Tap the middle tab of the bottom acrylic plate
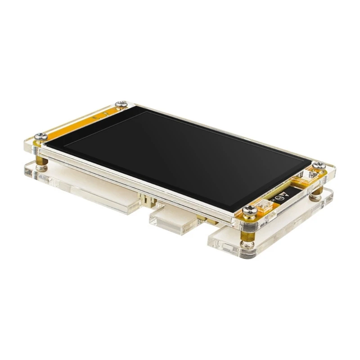pyautogui.click(x=173, y=220)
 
